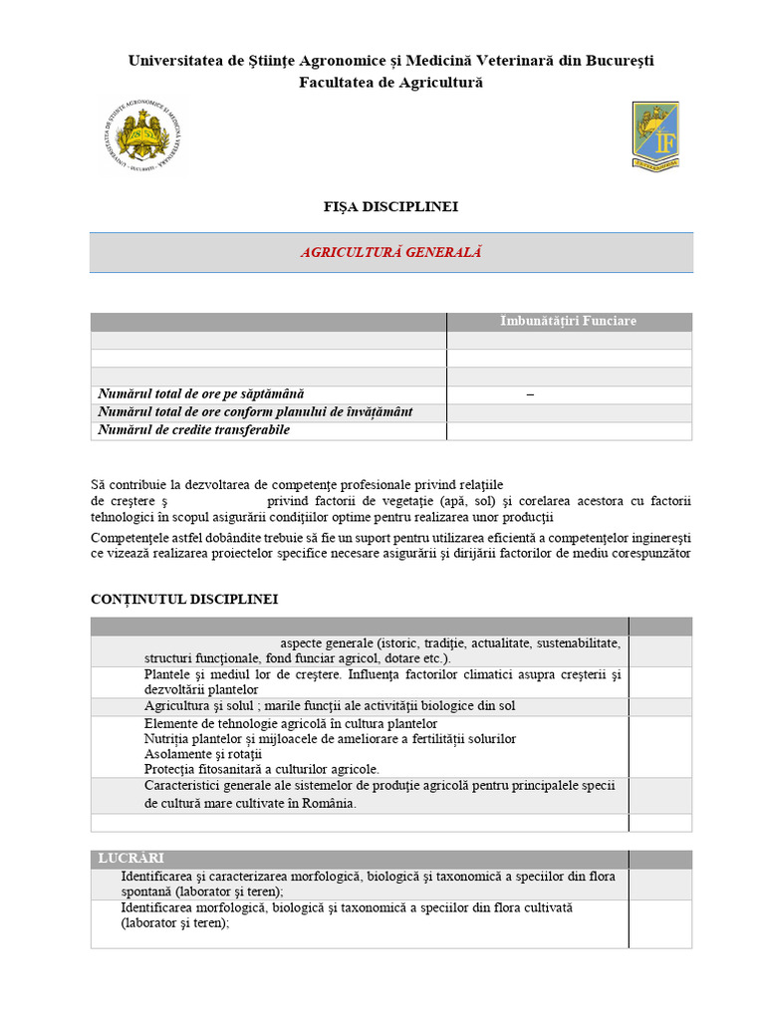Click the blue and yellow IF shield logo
pos(654,134)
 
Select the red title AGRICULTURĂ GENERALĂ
pos(390,253)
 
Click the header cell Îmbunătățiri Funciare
pos(568,321)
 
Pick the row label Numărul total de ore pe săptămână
pos(200,394)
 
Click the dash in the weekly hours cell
pos(530,394)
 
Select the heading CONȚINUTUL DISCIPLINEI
pos(184,600)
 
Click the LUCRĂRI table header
pos(130,859)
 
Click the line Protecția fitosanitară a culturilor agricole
pos(261,769)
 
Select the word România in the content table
pos(325,803)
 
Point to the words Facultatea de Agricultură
pos(390,82)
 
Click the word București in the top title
pos(614,61)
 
